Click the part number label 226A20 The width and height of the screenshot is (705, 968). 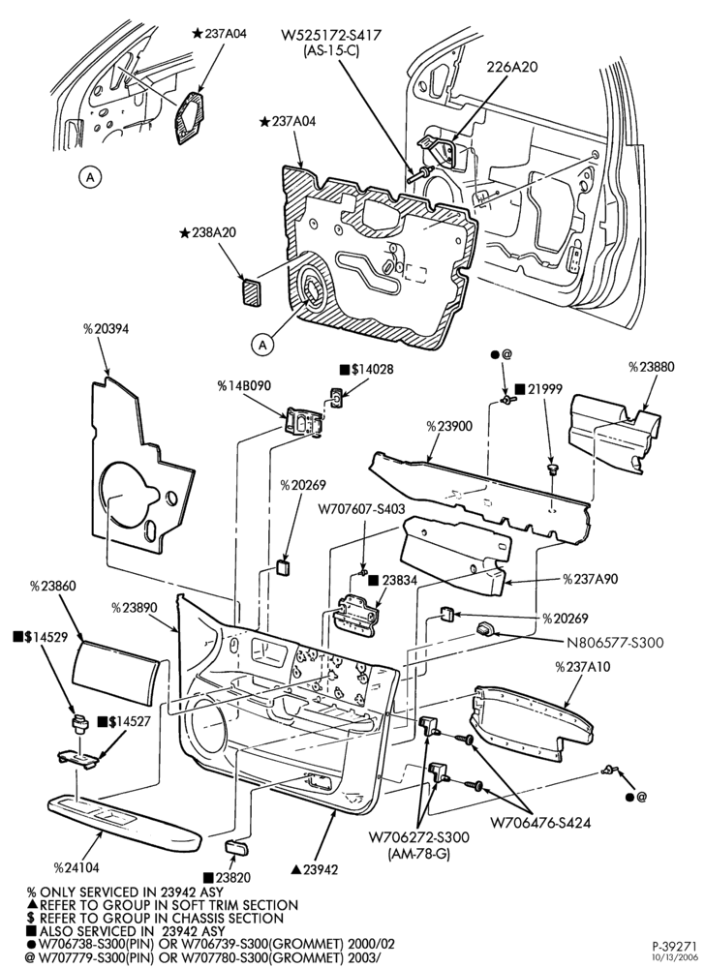pos(511,67)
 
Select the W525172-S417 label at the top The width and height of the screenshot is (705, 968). pos(331,35)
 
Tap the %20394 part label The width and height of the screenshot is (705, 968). pos(107,329)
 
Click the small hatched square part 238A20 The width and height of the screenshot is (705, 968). pos(251,291)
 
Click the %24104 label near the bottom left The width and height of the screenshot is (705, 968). pos(76,867)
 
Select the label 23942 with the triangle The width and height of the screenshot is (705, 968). pos(315,869)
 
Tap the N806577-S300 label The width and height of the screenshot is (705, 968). pos(615,643)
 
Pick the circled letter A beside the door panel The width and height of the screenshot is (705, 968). pos(263,345)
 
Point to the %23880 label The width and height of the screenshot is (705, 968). pos(652,367)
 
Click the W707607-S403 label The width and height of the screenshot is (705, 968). pos(362,509)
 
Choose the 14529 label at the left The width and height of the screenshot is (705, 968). pos(40,637)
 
